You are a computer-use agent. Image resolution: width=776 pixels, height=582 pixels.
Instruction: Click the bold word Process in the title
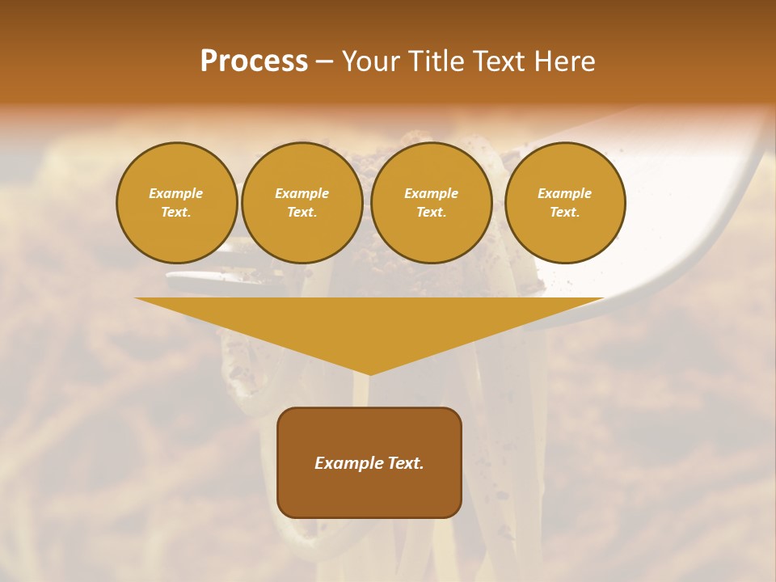[x=254, y=61]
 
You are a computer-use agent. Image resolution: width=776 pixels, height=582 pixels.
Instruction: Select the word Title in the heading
[x=436, y=61]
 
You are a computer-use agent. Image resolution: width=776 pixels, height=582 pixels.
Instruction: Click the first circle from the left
[x=177, y=203]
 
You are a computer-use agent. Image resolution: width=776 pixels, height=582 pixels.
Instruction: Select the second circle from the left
[x=302, y=203]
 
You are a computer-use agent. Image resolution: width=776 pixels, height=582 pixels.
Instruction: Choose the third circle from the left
[x=432, y=203]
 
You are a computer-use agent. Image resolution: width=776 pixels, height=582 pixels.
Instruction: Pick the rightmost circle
[x=565, y=203]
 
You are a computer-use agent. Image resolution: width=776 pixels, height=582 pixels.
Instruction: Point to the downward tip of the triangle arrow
[x=369, y=373]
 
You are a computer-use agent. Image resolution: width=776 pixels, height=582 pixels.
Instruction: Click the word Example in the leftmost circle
[x=176, y=194]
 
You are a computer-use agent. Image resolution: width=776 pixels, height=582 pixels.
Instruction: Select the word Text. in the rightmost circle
[x=565, y=213]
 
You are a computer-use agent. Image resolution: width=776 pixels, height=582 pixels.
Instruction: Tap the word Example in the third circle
[x=432, y=194]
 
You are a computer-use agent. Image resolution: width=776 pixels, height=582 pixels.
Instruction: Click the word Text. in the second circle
[x=302, y=213]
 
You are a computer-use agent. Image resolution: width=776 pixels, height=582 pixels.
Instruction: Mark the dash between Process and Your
[x=325, y=61]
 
